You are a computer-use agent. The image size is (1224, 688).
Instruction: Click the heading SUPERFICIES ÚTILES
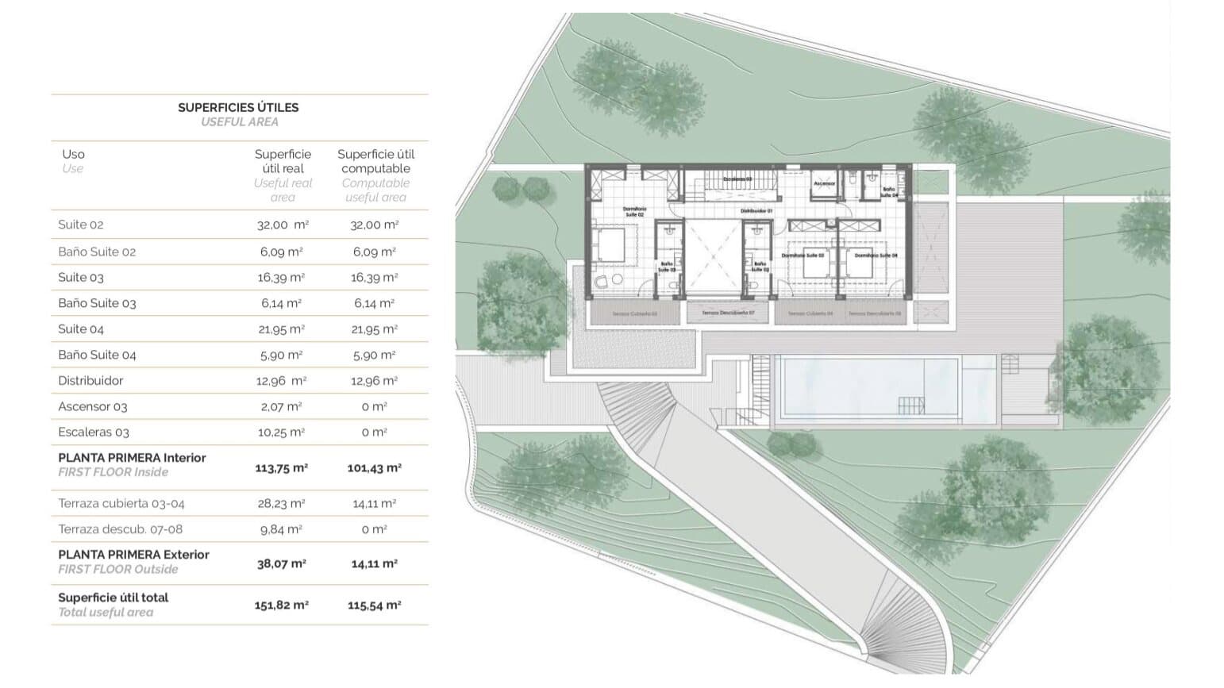(x=238, y=107)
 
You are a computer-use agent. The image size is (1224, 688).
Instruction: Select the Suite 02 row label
(x=81, y=225)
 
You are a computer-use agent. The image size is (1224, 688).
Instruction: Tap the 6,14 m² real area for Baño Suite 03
(x=281, y=303)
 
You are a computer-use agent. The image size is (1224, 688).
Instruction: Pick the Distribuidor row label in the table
(x=90, y=381)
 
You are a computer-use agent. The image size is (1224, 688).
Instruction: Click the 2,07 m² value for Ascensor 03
(x=281, y=406)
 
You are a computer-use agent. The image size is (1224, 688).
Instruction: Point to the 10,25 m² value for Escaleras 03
(x=281, y=432)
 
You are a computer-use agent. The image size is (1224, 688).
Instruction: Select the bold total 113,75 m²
(x=281, y=468)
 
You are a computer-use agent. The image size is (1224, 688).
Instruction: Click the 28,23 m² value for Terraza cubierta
(x=281, y=503)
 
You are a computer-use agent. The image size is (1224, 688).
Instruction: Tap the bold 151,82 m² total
(x=281, y=605)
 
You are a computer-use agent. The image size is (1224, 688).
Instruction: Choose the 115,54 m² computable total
(x=374, y=605)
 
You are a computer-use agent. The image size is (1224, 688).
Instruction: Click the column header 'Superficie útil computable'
(x=375, y=161)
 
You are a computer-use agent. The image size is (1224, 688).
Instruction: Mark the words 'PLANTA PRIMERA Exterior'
(x=133, y=555)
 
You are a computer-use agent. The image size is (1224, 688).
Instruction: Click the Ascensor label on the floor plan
(x=824, y=183)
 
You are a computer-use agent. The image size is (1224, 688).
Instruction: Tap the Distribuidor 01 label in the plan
(x=756, y=211)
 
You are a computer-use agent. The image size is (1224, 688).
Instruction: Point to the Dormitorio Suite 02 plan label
(x=635, y=212)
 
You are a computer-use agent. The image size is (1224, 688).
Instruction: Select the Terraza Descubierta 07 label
(x=728, y=313)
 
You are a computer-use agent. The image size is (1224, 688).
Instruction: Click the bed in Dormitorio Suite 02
(x=611, y=244)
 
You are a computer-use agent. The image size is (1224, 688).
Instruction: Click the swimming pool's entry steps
(x=911, y=405)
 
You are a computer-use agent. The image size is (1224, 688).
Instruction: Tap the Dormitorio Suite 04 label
(x=876, y=256)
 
